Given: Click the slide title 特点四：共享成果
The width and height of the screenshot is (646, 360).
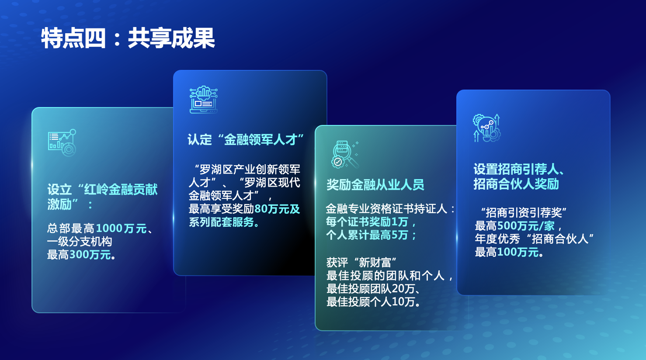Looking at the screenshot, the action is [128, 38].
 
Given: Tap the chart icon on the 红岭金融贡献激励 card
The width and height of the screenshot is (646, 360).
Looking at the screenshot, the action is [62, 143].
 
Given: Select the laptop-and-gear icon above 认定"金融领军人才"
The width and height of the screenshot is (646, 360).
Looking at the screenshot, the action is [204, 100].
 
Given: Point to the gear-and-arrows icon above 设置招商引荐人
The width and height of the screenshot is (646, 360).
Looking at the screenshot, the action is [487, 128].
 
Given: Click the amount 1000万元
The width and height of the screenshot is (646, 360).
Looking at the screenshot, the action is [121, 228].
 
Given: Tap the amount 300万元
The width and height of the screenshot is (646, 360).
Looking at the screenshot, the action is [90, 255].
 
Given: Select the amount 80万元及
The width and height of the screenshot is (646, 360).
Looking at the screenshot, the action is [277, 209].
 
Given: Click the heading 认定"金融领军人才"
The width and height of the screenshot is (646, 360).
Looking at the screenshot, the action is [246, 140].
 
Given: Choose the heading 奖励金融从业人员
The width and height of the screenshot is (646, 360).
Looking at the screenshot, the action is [375, 185].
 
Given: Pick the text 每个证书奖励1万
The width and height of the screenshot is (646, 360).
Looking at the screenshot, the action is [367, 222].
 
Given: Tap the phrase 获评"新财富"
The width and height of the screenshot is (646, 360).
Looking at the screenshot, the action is [361, 263].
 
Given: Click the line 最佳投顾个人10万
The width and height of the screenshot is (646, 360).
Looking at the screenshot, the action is [371, 302].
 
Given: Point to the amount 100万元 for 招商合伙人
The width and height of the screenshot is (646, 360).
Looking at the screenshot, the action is [518, 252].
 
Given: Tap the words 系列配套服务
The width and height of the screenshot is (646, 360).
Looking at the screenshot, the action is [221, 222].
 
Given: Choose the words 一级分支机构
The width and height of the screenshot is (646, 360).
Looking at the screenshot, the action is [79, 242].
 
